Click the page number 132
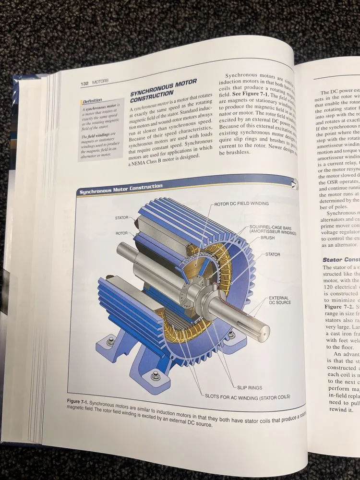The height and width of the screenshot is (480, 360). point(85,84)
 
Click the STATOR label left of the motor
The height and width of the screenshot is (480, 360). point(121,218)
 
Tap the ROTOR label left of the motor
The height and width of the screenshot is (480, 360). point(121,233)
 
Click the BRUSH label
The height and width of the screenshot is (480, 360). point(268,238)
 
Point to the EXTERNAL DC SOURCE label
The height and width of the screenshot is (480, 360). point(280,300)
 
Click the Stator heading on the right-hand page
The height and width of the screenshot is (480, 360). point(339,260)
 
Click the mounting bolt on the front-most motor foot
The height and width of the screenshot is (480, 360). point(156,376)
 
